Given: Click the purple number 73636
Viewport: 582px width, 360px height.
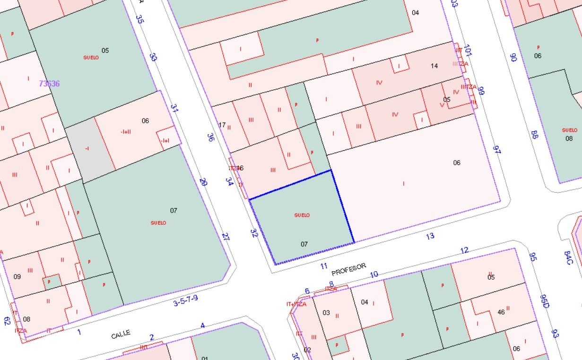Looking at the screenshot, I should point(49,84).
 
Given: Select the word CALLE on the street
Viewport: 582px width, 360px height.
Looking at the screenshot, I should point(121,334).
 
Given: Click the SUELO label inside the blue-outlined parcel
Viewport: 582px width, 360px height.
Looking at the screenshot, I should point(302,215).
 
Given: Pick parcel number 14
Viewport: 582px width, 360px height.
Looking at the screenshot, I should point(434,66).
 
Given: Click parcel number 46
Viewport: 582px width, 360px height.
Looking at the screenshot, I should point(501,312).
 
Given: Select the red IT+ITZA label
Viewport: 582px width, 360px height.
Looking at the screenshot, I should point(296,304).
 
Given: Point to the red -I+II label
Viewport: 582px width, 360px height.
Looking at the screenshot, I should point(126,131).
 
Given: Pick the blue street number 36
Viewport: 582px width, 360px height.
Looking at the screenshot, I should point(211,137).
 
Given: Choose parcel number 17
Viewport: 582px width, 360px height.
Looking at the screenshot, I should point(222,125).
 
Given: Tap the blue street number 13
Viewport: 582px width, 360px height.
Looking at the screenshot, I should point(430,236).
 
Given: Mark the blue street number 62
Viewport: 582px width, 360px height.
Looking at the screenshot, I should point(7,321).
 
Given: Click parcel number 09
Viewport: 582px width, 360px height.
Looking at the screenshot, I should point(17,276).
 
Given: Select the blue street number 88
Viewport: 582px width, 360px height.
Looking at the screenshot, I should point(535,135).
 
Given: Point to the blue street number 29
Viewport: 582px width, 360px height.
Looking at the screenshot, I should point(203,182).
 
